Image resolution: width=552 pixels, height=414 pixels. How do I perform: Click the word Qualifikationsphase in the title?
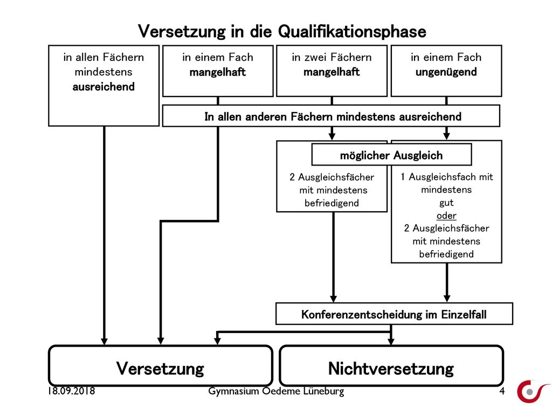(x=352, y=32)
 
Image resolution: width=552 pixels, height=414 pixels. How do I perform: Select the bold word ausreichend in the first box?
(x=103, y=87)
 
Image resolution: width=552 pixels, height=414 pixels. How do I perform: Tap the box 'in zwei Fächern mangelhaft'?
(x=332, y=71)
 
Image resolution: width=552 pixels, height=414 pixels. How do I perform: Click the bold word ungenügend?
(x=446, y=72)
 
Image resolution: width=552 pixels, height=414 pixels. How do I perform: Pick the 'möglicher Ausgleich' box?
(x=391, y=155)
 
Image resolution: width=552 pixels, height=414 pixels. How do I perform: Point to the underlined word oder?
(x=446, y=216)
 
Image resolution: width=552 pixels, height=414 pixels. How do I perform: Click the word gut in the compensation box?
(x=446, y=203)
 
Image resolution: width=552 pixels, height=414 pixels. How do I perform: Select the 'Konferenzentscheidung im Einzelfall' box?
(x=394, y=314)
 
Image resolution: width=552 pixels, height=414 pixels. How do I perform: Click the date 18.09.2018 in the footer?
(x=72, y=391)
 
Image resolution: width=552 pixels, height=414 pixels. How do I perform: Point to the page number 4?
(x=502, y=391)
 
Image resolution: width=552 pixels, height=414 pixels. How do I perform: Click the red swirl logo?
(x=532, y=391)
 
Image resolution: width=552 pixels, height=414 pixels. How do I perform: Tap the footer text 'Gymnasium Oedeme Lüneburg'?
(x=276, y=391)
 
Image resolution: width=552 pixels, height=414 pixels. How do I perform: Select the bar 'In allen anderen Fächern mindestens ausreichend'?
(x=331, y=116)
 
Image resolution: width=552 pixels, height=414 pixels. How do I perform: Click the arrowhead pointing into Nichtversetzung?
(x=391, y=341)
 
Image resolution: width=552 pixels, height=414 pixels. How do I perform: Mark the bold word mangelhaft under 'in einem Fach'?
(x=218, y=72)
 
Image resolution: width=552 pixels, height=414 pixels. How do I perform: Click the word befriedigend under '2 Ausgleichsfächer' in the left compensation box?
(x=332, y=203)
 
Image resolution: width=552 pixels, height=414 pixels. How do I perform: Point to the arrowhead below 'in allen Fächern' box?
(x=104, y=341)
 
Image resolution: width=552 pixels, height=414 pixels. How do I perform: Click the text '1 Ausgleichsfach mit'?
(x=447, y=177)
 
